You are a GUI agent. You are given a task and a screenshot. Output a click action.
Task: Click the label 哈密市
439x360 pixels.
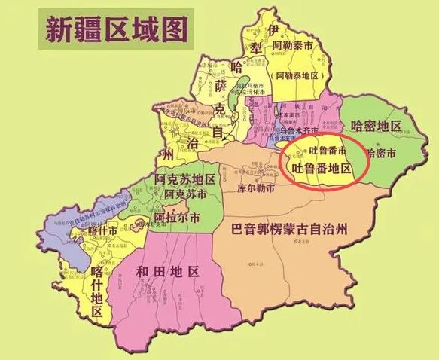point(382,152)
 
